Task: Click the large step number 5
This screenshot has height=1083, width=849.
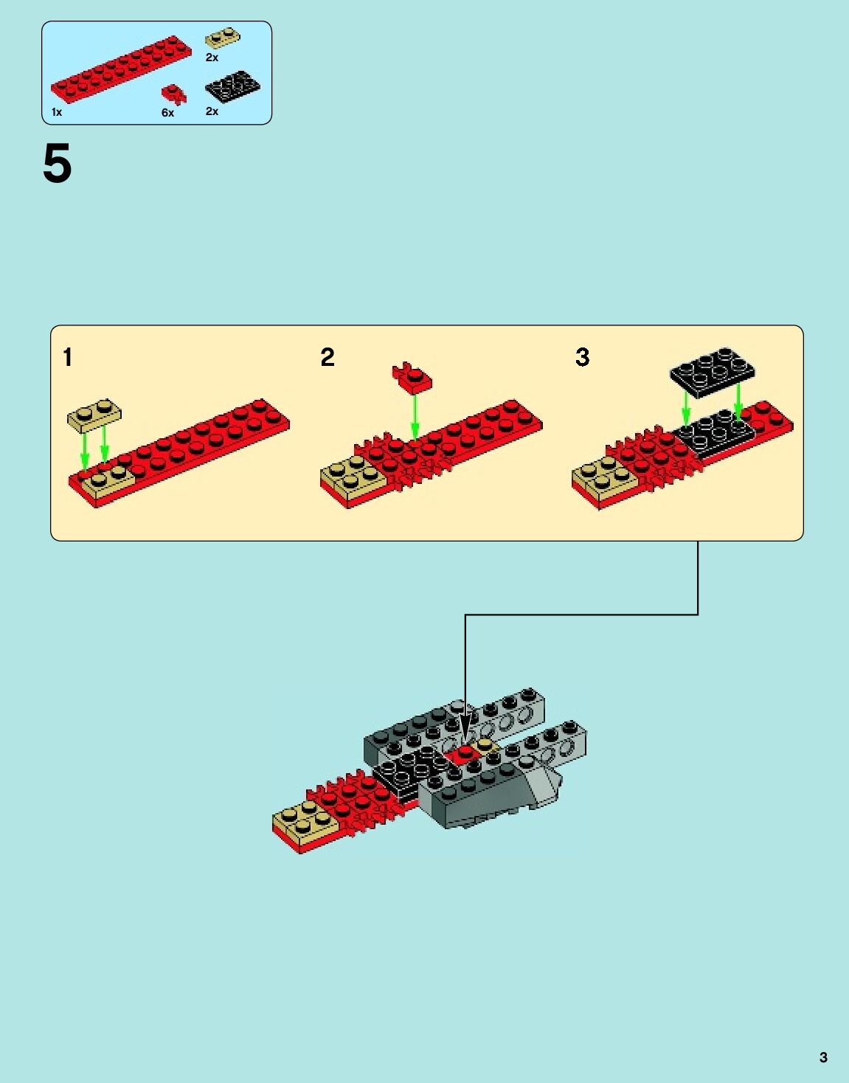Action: coord(57,164)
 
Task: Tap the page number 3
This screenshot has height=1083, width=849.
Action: coord(823,1057)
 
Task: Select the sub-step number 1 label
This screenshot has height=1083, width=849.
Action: coord(68,357)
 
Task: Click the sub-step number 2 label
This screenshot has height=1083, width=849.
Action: coord(328,357)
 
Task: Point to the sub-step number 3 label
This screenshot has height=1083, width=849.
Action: coord(582,357)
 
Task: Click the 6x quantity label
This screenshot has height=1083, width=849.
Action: coord(167,113)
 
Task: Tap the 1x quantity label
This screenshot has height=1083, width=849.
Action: coord(57,112)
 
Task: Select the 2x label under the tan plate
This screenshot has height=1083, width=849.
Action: coord(212,57)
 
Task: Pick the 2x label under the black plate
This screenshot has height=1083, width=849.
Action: coord(212,111)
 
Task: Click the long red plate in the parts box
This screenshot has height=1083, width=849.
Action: coord(120,68)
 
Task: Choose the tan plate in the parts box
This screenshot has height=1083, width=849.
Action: coord(222,37)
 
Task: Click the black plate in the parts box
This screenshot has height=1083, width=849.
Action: coord(232,86)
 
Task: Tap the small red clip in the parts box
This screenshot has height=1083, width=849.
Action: coord(174,94)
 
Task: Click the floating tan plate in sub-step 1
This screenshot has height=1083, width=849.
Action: coord(94,415)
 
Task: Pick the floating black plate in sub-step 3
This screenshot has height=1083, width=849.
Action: coord(713,371)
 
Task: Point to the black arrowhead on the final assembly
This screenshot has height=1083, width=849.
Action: coord(465,727)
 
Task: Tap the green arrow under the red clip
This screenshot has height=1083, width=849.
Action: coord(415,417)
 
